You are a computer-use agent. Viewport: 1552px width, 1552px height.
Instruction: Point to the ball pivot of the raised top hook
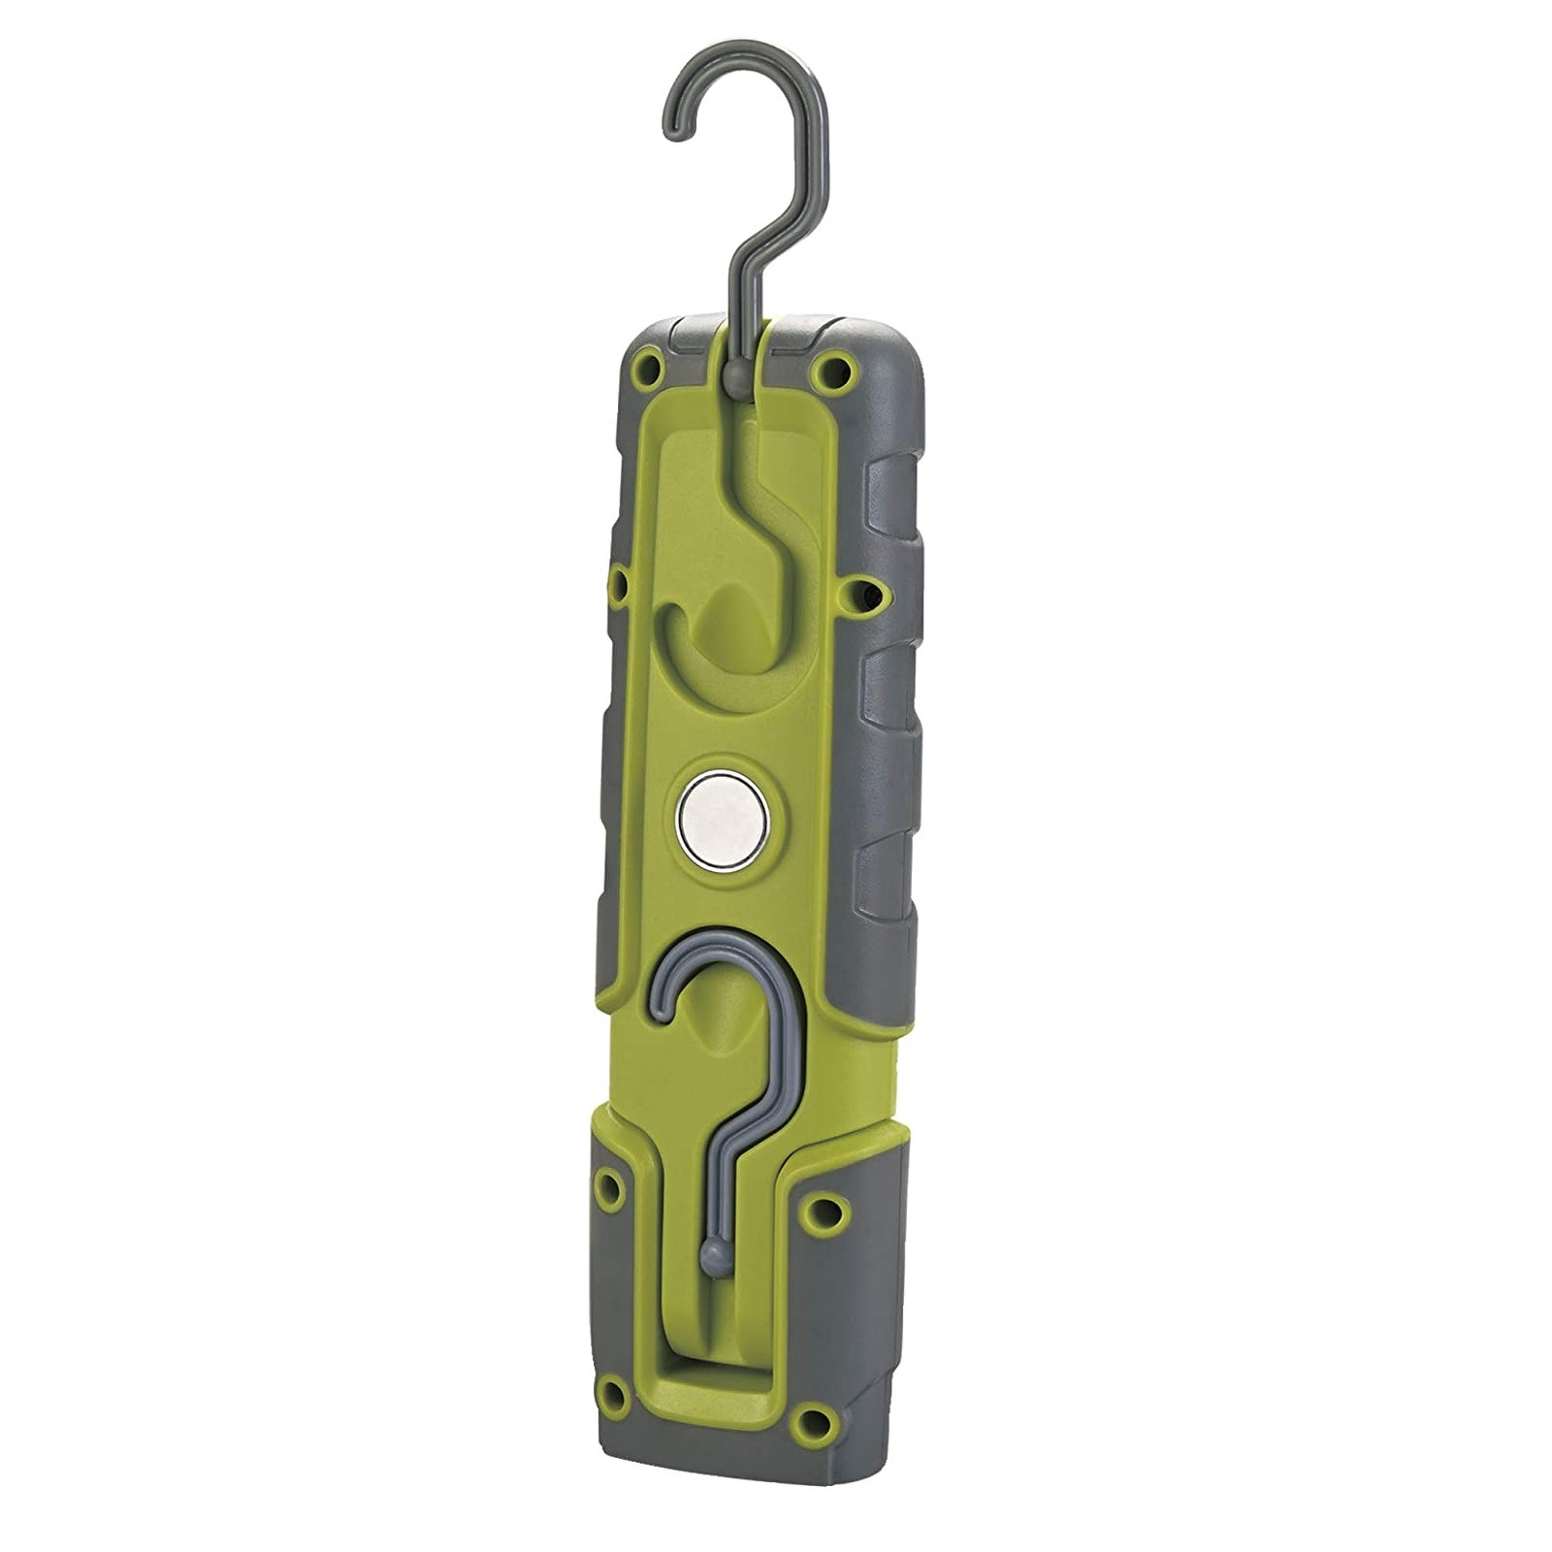(736, 374)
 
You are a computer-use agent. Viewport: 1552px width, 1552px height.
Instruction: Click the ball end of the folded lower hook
(715, 1258)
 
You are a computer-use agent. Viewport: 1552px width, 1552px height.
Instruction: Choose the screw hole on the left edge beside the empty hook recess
(617, 584)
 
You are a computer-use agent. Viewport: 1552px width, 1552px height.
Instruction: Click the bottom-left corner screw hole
(613, 1395)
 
